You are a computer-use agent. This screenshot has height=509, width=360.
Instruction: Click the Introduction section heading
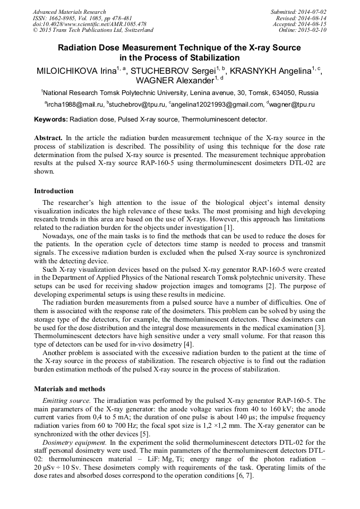(x=54, y=191)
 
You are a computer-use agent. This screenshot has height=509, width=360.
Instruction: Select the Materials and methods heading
(x=69, y=389)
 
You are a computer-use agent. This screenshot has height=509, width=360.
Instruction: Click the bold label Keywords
(x=51, y=120)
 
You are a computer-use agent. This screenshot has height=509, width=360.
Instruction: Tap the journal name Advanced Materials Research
(x=69, y=12)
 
